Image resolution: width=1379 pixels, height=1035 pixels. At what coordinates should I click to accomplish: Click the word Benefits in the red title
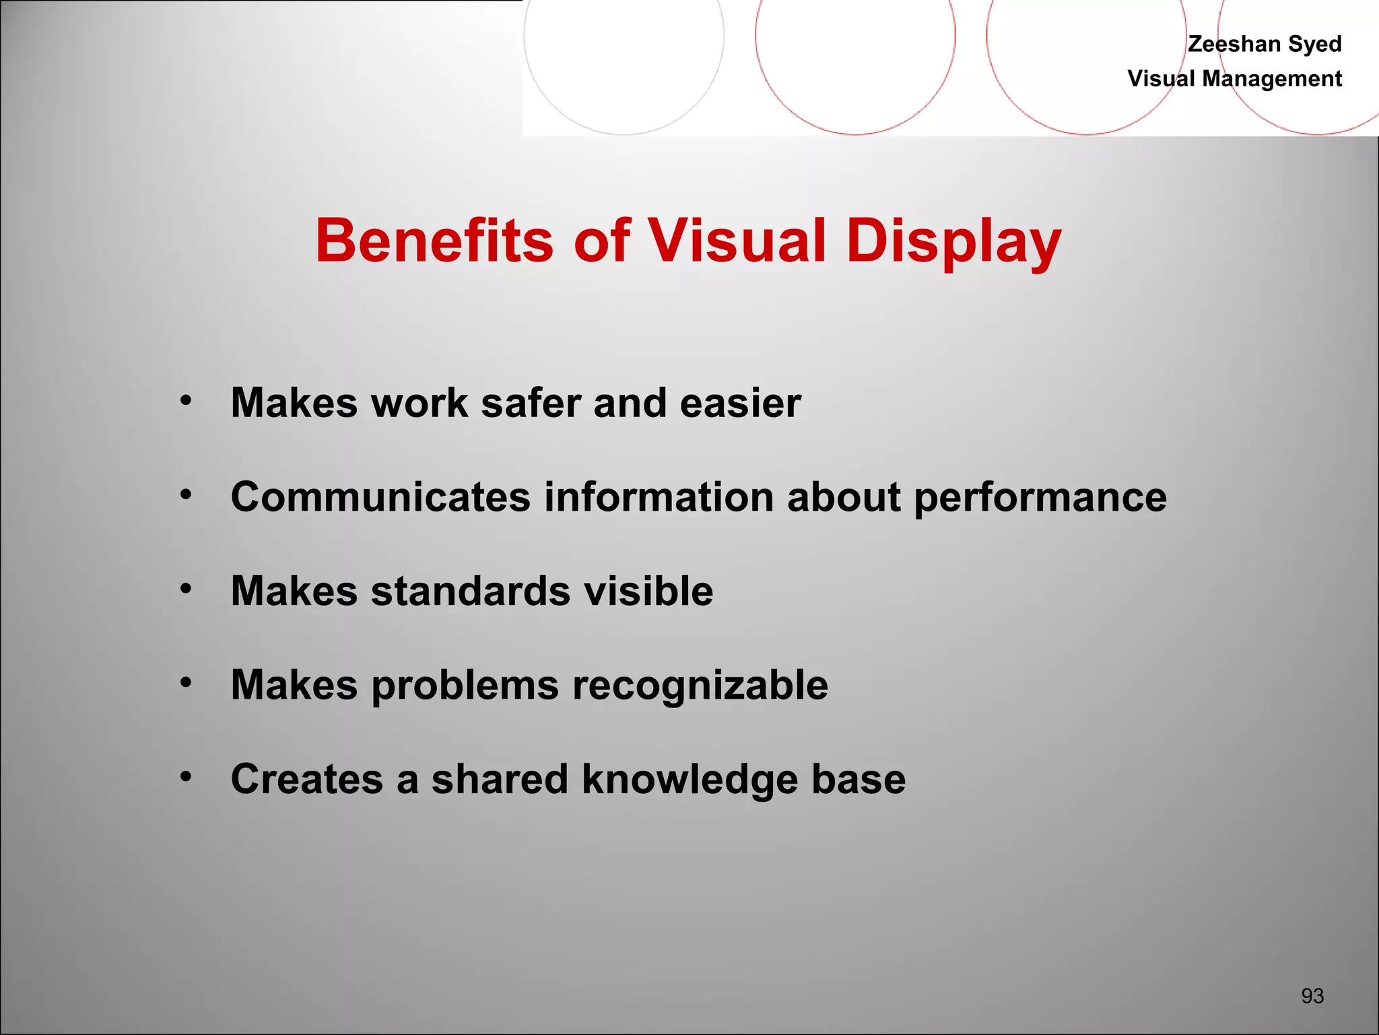[435, 241]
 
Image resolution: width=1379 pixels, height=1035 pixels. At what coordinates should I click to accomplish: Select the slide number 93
[1312, 995]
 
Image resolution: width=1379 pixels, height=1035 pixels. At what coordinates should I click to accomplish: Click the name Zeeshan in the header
[1234, 44]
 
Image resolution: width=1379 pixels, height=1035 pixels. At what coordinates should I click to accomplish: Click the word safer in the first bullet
[530, 403]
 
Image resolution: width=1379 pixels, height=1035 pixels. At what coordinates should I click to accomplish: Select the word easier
[740, 403]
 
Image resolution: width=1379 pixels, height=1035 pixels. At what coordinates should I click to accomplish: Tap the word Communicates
[380, 497]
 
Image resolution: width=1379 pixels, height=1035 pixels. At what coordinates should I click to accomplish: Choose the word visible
[648, 591]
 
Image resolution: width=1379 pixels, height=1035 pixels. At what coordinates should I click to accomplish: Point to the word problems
[465, 686]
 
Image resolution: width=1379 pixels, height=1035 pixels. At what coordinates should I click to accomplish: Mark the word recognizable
[700, 686]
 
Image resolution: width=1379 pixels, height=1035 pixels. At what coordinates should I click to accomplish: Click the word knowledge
[689, 780]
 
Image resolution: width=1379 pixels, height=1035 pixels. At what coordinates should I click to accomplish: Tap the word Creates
[306, 780]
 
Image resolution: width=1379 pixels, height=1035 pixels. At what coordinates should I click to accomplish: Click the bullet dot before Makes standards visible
[186, 589]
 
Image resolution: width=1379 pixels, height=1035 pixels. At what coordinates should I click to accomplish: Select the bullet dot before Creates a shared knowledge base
[186, 777]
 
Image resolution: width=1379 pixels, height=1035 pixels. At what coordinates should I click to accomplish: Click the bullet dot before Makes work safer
[186, 401]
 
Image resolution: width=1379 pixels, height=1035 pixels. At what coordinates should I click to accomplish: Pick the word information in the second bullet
[659, 497]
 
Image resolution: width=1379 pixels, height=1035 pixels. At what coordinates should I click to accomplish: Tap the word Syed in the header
[1314, 44]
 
